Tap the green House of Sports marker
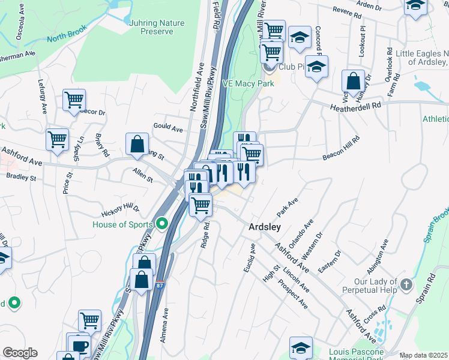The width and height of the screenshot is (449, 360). [x=161, y=224]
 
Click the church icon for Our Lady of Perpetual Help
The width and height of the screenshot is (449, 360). [x=406, y=284]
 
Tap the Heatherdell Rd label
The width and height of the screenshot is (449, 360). [x=355, y=106]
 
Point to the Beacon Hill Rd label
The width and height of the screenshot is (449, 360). [x=341, y=147]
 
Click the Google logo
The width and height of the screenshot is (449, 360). [x=20, y=353]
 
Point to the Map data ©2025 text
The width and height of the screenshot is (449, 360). [x=423, y=355]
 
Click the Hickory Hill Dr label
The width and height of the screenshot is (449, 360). [x=120, y=209]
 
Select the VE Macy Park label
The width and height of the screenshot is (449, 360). [x=248, y=83]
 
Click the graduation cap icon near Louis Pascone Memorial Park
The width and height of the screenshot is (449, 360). [x=301, y=347]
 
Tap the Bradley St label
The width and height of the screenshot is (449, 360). [x=21, y=178]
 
